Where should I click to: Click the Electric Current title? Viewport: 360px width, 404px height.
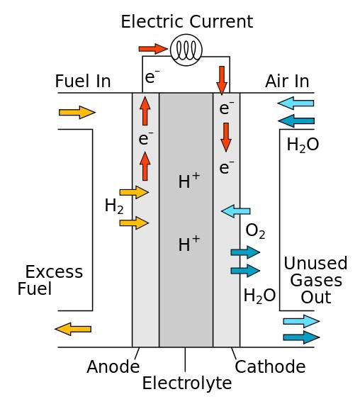tap(186, 22)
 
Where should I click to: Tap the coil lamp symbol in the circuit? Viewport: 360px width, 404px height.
tap(186, 50)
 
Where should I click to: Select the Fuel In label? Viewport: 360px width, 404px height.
tap(83, 82)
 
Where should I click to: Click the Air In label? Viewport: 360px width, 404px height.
tap(287, 82)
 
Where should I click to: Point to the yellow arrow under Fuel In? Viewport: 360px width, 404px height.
tap(77, 112)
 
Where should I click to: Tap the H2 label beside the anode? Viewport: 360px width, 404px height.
tap(114, 206)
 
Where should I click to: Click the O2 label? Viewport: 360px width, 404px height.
tap(255, 231)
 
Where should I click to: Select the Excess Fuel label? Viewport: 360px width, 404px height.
tap(50, 280)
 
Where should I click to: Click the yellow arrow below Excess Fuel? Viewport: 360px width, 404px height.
tap(73, 328)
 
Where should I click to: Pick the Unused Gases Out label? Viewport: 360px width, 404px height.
tap(315, 280)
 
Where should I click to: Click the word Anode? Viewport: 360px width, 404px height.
tap(113, 367)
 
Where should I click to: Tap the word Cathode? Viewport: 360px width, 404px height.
tap(270, 367)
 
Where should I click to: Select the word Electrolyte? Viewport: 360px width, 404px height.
tap(186, 384)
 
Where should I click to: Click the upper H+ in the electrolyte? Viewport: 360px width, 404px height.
tap(189, 181)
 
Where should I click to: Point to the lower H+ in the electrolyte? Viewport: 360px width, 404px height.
tap(189, 245)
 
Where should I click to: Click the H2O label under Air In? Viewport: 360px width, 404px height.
tap(303, 145)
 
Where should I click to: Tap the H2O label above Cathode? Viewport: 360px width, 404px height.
tap(259, 296)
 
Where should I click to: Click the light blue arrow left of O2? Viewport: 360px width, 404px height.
tap(236, 211)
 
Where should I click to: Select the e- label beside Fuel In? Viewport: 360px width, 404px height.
tap(151, 77)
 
